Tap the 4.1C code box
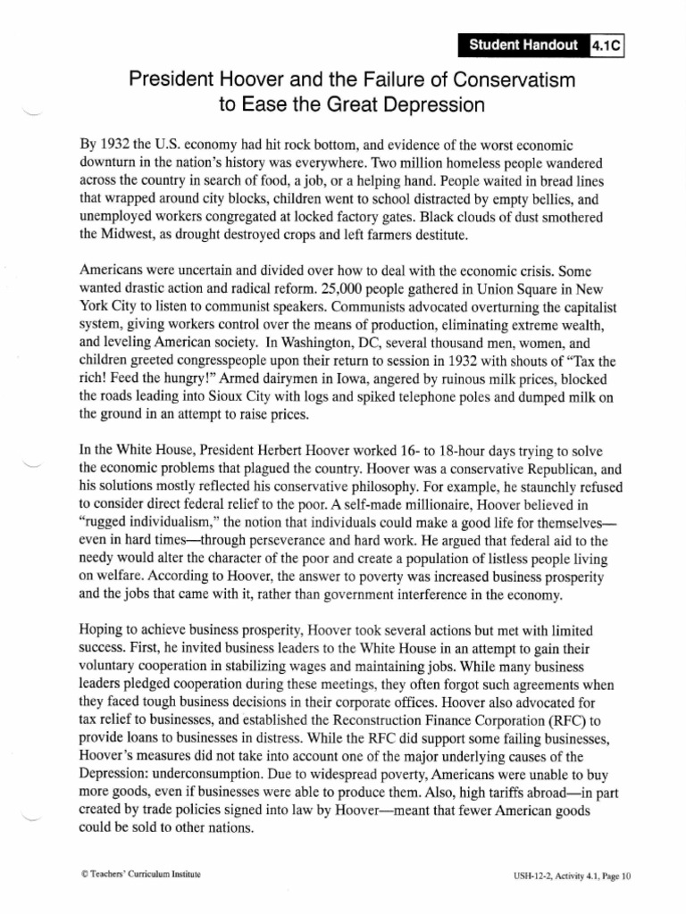pyautogui.click(x=607, y=44)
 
